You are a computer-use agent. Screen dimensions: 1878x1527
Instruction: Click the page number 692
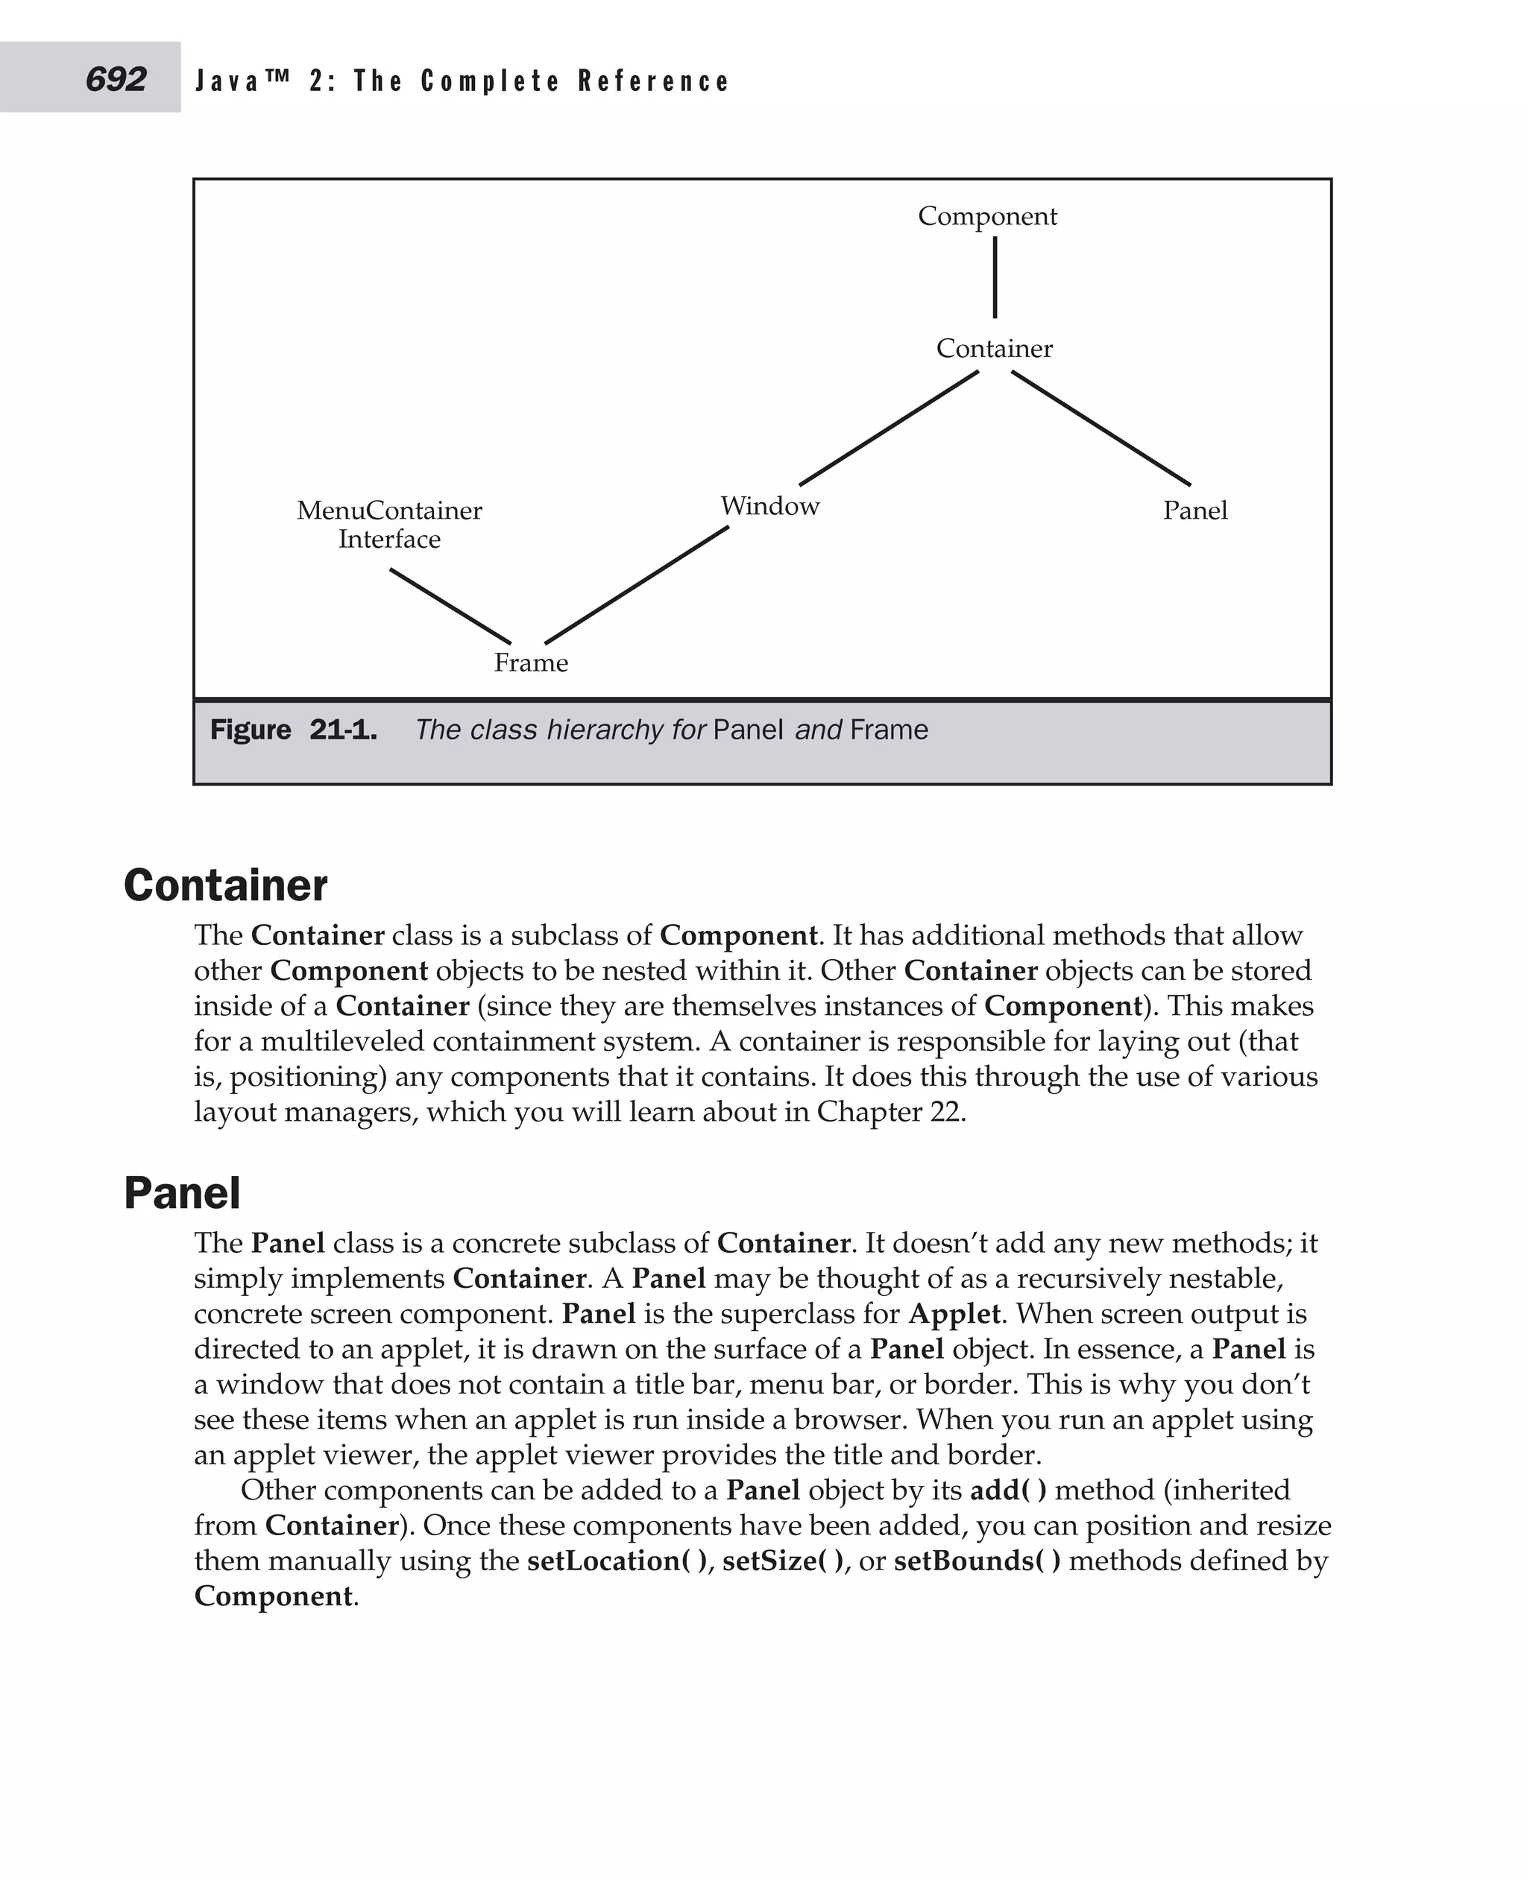point(116,79)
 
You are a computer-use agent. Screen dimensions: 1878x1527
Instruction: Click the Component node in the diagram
point(987,215)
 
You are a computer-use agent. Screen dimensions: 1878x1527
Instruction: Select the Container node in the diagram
point(994,348)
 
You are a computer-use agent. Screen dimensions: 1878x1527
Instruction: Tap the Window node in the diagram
point(769,505)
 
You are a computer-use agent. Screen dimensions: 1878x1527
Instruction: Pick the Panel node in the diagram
point(1194,510)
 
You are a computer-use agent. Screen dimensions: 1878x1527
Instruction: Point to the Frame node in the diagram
point(530,662)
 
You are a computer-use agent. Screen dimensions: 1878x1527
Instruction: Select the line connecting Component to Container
point(995,277)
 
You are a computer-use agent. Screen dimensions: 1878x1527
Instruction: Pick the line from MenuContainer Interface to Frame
point(450,606)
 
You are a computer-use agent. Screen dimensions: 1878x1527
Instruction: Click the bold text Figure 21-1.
point(293,730)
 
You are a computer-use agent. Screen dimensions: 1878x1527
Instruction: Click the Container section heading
point(225,885)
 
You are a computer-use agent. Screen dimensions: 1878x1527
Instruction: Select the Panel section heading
point(181,1193)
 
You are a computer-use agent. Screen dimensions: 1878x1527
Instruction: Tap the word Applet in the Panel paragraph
point(954,1314)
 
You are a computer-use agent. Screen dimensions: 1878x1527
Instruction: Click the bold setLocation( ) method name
point(620,1561)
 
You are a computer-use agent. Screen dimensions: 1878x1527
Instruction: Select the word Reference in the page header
point(654,81)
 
